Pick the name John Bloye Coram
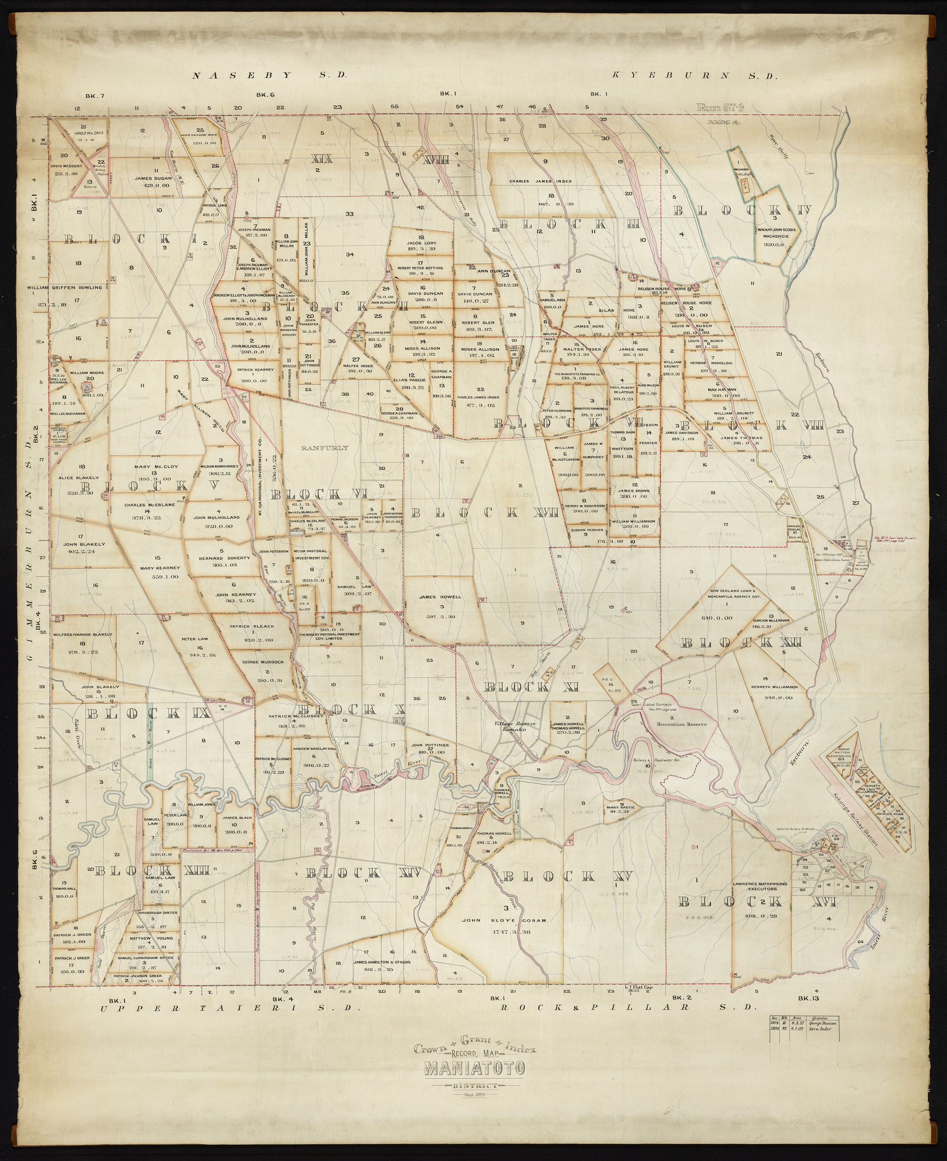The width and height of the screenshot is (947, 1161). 511,920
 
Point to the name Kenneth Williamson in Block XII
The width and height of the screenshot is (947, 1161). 767,686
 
